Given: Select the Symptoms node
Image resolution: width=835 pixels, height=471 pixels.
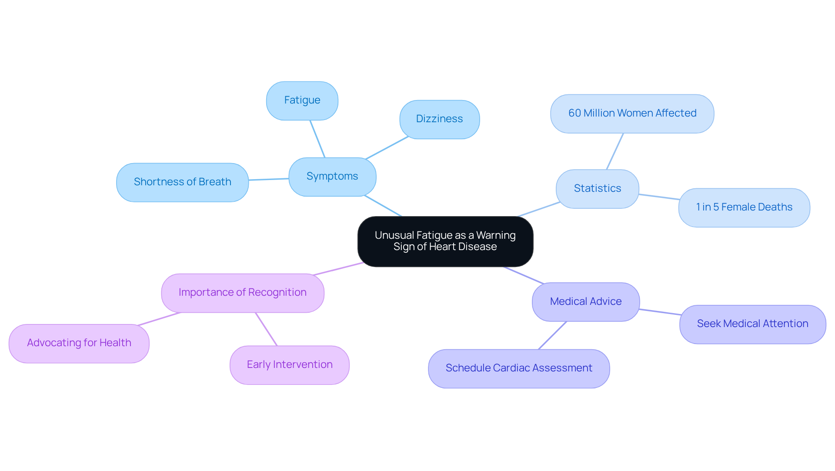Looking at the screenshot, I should (x=332, y=177).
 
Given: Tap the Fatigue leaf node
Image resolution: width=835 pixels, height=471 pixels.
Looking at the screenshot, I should (x=302, y=100).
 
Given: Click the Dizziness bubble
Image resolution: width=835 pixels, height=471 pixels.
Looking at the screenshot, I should (x=439, y=119).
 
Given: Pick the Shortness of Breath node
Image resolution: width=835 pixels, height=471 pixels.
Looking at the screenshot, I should (x=182, y=182).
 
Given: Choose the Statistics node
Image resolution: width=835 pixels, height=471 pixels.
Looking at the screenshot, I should (x=597, y=189).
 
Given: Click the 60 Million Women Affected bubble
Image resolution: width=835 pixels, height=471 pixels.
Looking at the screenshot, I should (x=632, y=114).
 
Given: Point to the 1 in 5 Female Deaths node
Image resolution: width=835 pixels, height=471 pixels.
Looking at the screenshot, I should (x=744, y=207).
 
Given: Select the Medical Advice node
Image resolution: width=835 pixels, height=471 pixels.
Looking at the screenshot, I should (x=585, y=302).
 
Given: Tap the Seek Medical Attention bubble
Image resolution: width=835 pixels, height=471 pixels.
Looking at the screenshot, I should (x=752, y=324).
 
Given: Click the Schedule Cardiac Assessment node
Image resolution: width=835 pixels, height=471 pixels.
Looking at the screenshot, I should (x=518, y=368).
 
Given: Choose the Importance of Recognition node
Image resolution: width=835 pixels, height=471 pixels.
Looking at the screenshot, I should (x=242, y=293).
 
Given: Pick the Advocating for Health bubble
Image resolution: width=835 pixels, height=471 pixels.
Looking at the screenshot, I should (x=79, y=343).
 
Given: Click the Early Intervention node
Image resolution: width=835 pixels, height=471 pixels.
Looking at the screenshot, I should (x=289, y=365).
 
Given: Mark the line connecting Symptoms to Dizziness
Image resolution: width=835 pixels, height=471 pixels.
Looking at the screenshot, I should (x=387, y=148).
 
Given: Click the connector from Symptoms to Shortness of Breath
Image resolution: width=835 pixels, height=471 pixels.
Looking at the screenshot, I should (x=268, y=179).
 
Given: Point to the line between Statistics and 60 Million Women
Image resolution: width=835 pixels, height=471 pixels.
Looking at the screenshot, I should (x=615, y=151).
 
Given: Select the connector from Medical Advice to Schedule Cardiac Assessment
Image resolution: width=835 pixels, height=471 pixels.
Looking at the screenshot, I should (x=552, y=335).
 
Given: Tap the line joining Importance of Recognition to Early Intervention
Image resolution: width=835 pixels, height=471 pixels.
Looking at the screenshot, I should (x=266, y=329).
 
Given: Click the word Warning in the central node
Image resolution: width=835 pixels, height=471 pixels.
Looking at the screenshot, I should (x=496, y=235).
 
